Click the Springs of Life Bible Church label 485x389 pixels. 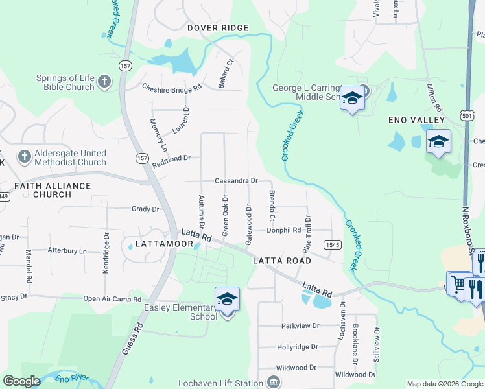coord(65,82)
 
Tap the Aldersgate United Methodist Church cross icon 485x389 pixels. coord(24,157)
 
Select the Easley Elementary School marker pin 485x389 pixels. coord(227,300)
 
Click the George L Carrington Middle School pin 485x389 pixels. coord(352,99)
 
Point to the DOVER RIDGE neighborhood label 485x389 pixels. coord(218,28)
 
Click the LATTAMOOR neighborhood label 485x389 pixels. coord(164,244)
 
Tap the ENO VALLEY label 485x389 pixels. coord(416,120)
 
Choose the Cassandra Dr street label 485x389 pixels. coord(236,181)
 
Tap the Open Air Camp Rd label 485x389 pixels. coord(112,299)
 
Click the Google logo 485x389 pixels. coord(22,382)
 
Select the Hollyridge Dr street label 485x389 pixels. coord(297,347)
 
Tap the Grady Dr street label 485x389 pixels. coord(145,209)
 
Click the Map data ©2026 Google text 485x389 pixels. coord(444,384)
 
